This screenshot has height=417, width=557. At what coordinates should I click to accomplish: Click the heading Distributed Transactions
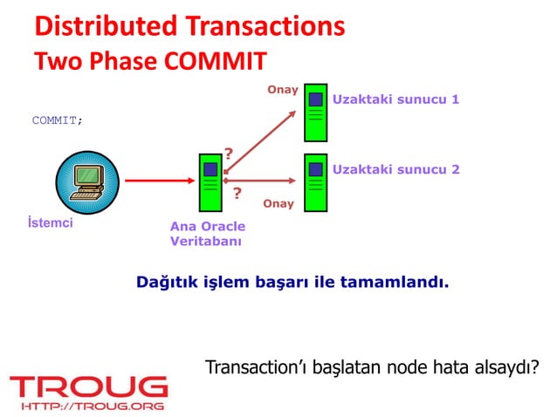point(189,26)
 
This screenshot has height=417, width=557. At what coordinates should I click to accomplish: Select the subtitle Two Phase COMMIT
point(149,63)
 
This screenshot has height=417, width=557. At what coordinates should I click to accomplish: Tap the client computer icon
point(86,181)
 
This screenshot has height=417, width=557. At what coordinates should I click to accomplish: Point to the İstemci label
point(52,223)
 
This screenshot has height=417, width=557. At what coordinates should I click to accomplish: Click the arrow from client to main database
point(157,181)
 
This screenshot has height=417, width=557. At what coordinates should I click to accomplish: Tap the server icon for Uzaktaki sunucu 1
point(314,111)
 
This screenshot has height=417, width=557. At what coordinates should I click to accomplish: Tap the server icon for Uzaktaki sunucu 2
point(314,182)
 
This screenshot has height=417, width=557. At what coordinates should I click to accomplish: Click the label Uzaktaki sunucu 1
point(395,99)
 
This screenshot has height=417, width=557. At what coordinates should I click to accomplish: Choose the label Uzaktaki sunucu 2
point(395,168)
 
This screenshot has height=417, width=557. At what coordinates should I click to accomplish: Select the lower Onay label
point(278,204)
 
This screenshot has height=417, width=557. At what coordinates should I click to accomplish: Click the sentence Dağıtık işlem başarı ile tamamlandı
point(292,283)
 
